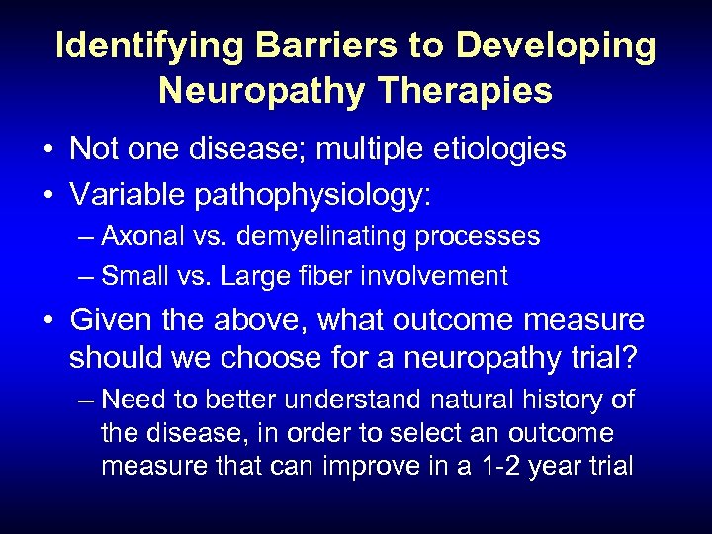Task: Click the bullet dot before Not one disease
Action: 47,150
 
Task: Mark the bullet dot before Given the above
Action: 47,320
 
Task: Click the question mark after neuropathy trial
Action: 633,356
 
